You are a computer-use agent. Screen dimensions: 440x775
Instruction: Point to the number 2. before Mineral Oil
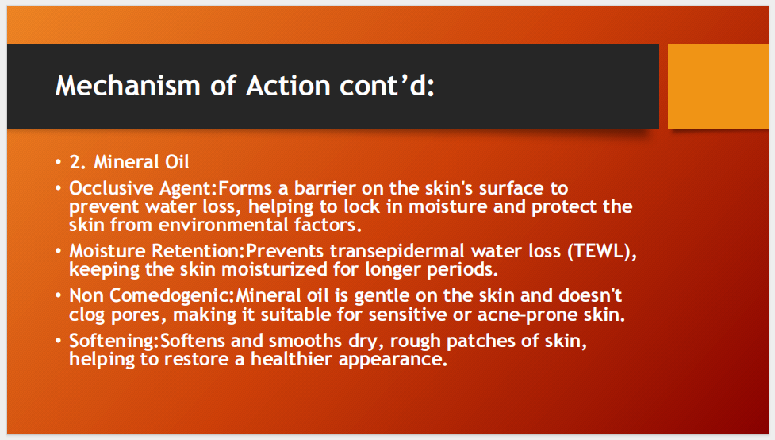79,162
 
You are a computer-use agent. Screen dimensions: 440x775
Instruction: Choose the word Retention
193,250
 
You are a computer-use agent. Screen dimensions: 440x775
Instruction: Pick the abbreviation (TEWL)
597,250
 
